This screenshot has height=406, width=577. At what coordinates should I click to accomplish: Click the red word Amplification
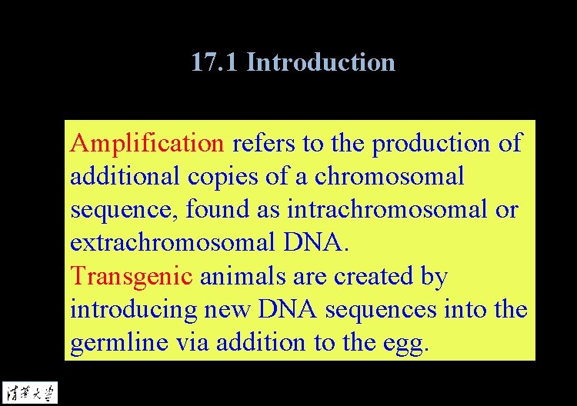pyautogui.click(x=146, y=143)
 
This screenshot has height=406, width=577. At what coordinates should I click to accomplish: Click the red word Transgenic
pyautogui.click(x=131, y=276)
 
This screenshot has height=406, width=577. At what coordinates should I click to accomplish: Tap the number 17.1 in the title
pyautogui.click(x=215, y=62)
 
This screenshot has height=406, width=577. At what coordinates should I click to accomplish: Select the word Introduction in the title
pyautogui.click(x=321, y=62)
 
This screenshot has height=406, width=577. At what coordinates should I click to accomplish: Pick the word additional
pyautogui.click(x=125, y=176)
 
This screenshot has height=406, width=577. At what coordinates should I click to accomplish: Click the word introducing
pyautogui.click(x=135, y=310)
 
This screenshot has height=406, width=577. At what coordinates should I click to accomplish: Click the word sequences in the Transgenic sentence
pyautogui.click(x=382, y=310)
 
